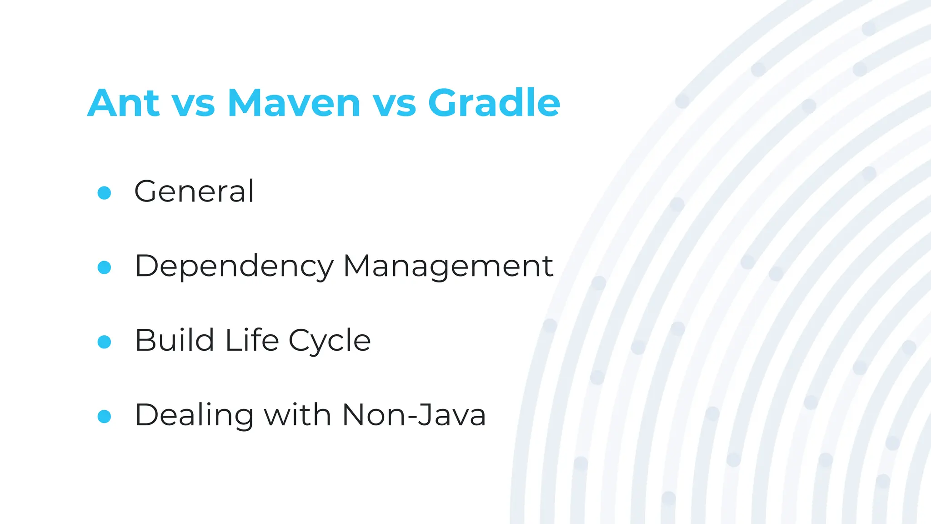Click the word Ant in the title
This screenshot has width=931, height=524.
(123, 103)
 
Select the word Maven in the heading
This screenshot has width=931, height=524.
(294, 103)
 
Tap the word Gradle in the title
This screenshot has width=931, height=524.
(494, 103)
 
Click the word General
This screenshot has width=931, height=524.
(194, 191)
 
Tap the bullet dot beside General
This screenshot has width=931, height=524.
(104, 193)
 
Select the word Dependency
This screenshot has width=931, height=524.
(234, 267)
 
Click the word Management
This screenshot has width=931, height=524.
(448, 267)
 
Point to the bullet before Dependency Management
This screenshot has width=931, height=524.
(104, 267)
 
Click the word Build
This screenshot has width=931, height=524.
(175, 340)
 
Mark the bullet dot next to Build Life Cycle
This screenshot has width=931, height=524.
(104, 342)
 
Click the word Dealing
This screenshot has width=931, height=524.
(194, 416)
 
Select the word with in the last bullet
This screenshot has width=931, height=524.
(298, 415)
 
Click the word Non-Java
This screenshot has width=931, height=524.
(414, 415)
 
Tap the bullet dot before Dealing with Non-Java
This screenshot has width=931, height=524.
(104, 417)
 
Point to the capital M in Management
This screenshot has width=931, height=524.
(357, 266)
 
